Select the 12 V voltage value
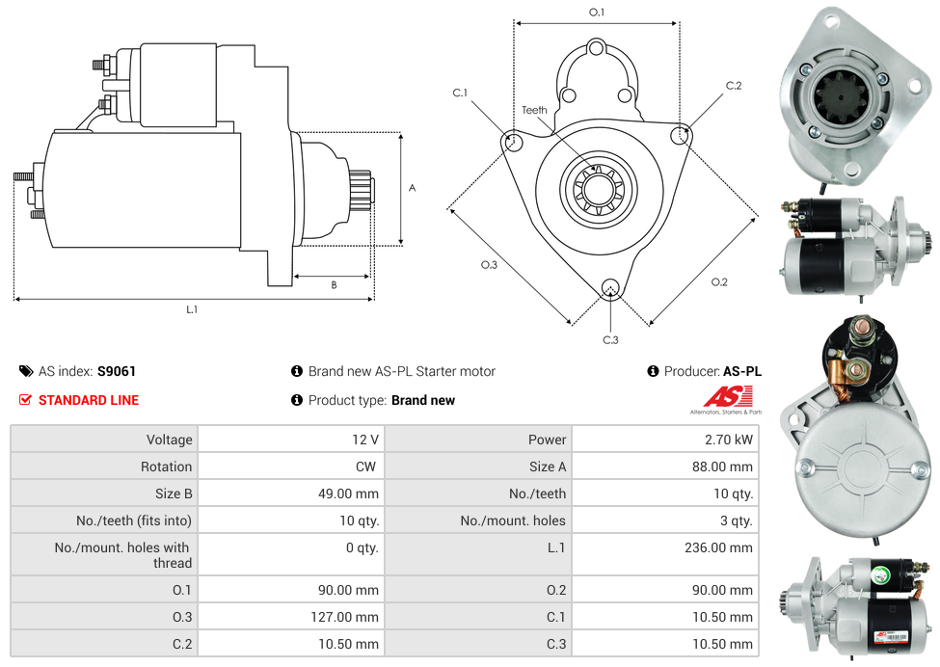365,440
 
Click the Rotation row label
166,467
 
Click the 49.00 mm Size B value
348,494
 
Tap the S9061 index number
117,371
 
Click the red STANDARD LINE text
89,400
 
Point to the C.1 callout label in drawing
460,93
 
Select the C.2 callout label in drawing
734,86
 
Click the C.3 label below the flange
610,339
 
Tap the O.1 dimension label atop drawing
597,13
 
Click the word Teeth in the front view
534,110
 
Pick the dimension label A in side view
412,188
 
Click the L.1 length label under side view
192,309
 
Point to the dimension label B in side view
334,285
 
